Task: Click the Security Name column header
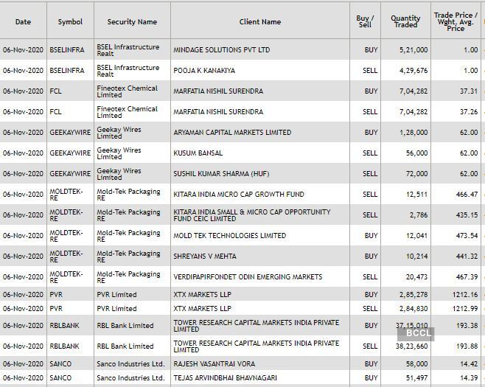[x=132, y=22]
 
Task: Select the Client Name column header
[x=259, y=22]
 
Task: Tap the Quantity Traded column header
[x=405, y=22]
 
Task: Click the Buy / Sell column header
[x=363, y=22]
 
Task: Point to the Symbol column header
[x=70, y=22]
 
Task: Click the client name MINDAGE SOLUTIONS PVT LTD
[x=222, y=50]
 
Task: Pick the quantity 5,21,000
[x=412, y=50]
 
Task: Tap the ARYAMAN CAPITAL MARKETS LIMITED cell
[x=232, y=133]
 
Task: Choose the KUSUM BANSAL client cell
[x=198, y=153]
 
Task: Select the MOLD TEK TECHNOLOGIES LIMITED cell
[x=229, y=236]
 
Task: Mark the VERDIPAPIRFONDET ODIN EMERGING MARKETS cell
[x=248, y=277]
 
